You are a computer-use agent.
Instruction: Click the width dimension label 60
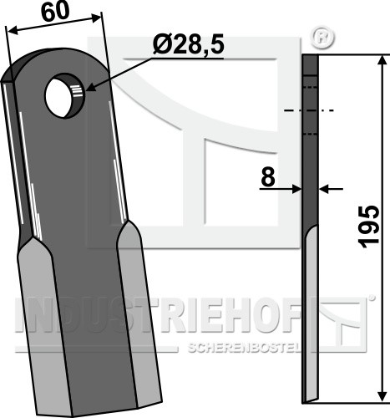[x=55, y=12]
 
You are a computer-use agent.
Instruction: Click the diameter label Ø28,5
[x=188, y=46]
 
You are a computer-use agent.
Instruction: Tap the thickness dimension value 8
[x=268, y=177]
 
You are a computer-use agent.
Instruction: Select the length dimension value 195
[x=370, y=227]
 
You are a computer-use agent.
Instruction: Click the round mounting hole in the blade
[x=64, y=95]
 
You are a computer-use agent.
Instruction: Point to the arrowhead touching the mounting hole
[x=91, y=89]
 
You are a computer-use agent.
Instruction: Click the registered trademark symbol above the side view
[x=322, y=38]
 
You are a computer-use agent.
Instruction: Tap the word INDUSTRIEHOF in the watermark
[x=158, y=316]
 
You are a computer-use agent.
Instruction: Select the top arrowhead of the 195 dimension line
[x=382, y=61]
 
